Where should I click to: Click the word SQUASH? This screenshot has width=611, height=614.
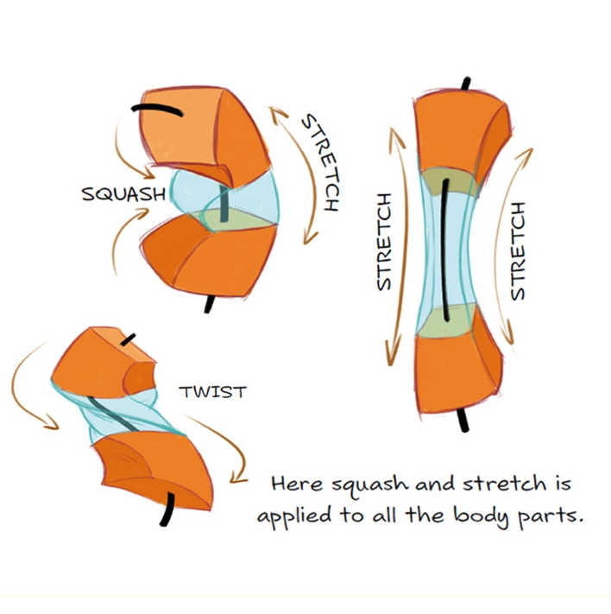[123, 194]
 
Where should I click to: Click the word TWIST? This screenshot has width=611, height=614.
[212, 392]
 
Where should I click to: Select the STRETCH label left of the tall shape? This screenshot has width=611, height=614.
[383, 242]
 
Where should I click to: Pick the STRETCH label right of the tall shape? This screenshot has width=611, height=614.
[518, 251]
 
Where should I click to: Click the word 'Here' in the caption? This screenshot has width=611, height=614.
[298, 484]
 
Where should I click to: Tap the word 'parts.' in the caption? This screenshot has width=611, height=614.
[551, 517]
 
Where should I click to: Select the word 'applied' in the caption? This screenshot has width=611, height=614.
[295, 517]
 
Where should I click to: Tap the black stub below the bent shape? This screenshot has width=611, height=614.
[210, 304]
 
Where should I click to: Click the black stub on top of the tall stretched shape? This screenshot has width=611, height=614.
[466, 84]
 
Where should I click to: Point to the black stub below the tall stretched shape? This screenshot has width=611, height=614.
[463, 421]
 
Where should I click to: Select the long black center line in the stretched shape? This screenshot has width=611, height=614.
[444, 250]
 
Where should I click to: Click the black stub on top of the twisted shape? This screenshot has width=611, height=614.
[128, 339]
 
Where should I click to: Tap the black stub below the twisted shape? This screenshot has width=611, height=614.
[167, 509]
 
